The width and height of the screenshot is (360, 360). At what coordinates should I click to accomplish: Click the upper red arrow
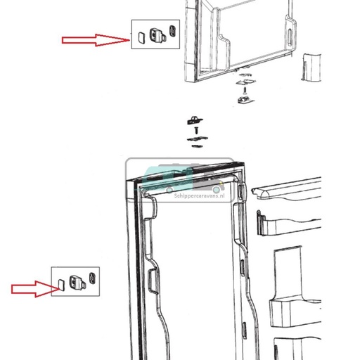(96, 40)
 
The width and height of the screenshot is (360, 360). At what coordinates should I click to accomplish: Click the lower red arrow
(36, 289)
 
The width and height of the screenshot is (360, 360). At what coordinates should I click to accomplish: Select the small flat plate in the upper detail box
(141, 37)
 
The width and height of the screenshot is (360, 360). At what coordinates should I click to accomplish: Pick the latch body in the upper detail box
(157, 36)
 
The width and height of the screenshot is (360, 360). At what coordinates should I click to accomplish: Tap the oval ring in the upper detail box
(172, 30)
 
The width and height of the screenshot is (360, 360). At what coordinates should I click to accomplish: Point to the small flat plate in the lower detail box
(61, 285)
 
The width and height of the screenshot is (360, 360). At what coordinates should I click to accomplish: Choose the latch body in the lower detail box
(77, 283)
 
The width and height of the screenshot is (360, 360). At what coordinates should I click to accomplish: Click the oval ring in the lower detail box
(92, 278)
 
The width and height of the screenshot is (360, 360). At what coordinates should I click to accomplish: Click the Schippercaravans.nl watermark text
(200, 195)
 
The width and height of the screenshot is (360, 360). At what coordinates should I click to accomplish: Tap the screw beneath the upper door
(245, 91)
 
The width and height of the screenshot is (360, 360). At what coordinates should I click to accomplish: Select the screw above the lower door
(196, 131)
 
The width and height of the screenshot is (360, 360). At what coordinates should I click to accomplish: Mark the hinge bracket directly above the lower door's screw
(195, 120)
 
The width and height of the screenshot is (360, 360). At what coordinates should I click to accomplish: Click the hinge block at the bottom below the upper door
(245, 100)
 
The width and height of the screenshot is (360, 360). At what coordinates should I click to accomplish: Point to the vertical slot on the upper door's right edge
(290, 37)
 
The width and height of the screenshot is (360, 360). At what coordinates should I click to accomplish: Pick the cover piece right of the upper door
(311, 67)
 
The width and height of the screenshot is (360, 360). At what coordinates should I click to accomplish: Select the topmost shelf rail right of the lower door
(286, 188)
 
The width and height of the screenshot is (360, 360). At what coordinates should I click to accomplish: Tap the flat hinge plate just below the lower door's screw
(198, 139)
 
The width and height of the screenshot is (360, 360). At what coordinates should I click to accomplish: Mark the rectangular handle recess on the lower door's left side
(153, 281)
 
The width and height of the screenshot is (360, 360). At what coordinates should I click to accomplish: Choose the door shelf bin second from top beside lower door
(289, 224)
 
